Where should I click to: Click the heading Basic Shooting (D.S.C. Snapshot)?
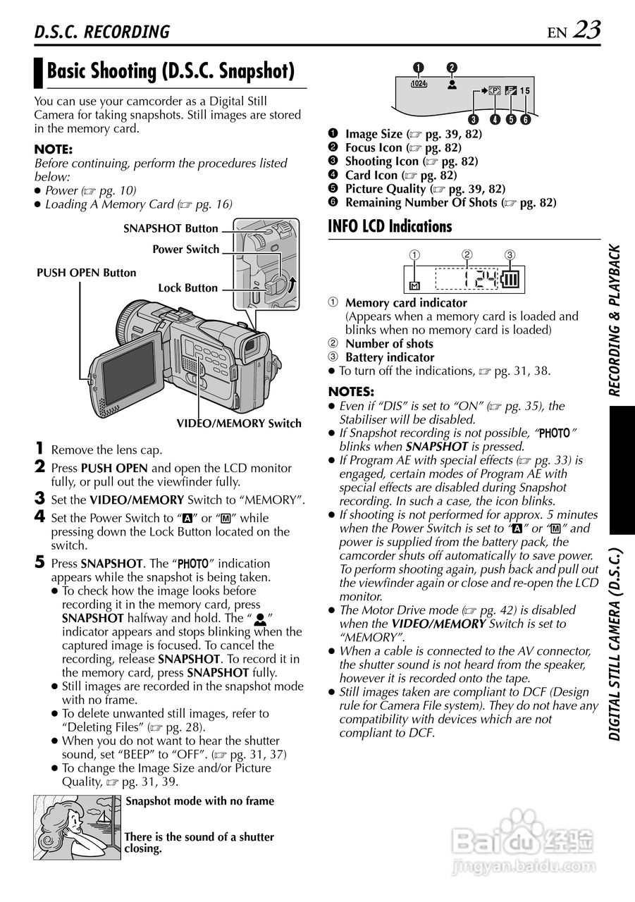(x=170, y=71)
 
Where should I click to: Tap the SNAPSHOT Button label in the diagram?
(x=171, y=228)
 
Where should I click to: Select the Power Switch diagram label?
(x=185, y=249)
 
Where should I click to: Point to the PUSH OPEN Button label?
(x=87, y=273)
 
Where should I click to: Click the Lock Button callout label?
(x=187, y=288)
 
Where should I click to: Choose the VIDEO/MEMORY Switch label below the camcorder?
(x=238, y=424)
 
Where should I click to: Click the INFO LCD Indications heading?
(x=390, y=226)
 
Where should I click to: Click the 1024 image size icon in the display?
(x=419, y=83)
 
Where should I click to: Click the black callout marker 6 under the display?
(x=525, y=119)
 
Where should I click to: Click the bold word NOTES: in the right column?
(x=351, y=392)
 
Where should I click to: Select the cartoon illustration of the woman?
(x=78, y=826)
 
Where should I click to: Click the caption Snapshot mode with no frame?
(x=199, y=801)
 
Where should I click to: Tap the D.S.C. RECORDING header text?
(x=102, y=32)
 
